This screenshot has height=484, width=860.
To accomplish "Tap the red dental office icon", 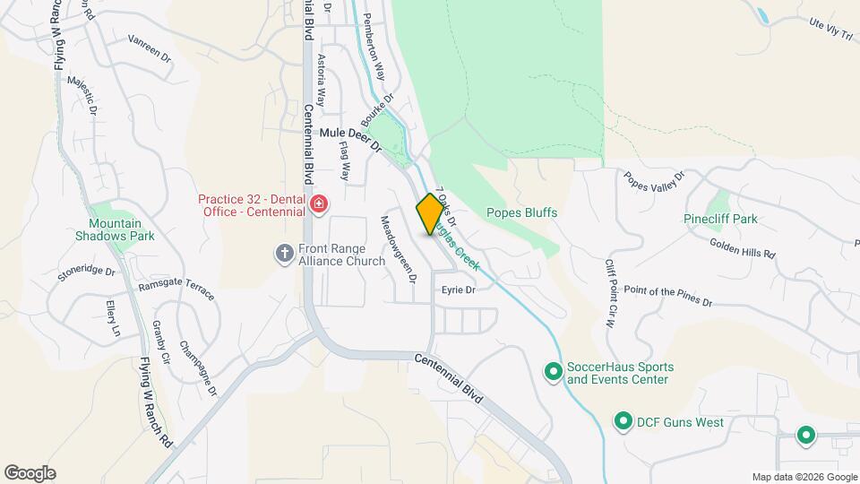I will point(317,205).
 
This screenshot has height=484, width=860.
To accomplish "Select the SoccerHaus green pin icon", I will point(554,370).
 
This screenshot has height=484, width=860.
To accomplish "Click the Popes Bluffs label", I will point(521,213).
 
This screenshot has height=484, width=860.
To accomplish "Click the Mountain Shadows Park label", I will point(122,229).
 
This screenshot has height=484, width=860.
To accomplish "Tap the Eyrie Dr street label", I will point(457,290).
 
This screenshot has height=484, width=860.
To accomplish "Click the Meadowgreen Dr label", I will point(400,250).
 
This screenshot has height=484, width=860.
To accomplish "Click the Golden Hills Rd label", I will point(742,247).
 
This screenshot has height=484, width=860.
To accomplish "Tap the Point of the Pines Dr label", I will point(667,297).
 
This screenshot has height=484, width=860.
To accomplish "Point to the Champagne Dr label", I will point(198,368).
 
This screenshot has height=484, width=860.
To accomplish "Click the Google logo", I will point(30,472).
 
